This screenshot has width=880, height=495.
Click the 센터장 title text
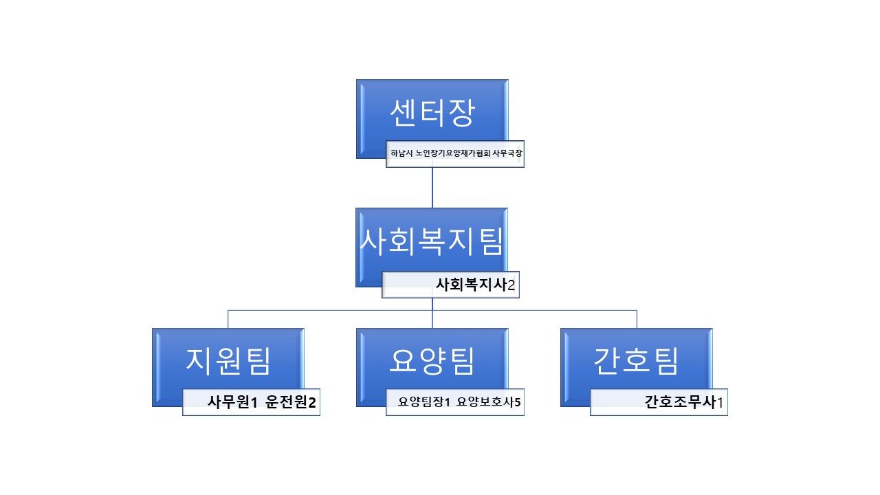[x=432, y=113]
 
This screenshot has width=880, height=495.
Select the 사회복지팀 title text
[x=432, y=241]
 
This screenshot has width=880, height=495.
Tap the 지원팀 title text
[x=228, y=362]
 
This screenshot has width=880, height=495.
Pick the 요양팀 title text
[x=432, y=362]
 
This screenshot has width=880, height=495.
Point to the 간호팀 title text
[x=636, y=362]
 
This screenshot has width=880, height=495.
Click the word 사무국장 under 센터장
[x=506, y=154]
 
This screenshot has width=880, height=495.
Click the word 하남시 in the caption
[x=399, y=154]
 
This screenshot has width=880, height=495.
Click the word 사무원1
[x=232, y=403]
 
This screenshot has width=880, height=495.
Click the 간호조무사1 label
[x=684, y=403]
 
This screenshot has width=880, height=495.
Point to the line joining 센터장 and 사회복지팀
[x=432, y=188]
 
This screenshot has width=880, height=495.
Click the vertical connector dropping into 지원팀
[x=228, y=319]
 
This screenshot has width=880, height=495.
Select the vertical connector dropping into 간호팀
[x=636, y=319]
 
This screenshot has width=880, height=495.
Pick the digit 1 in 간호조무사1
[x=720, y=403]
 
